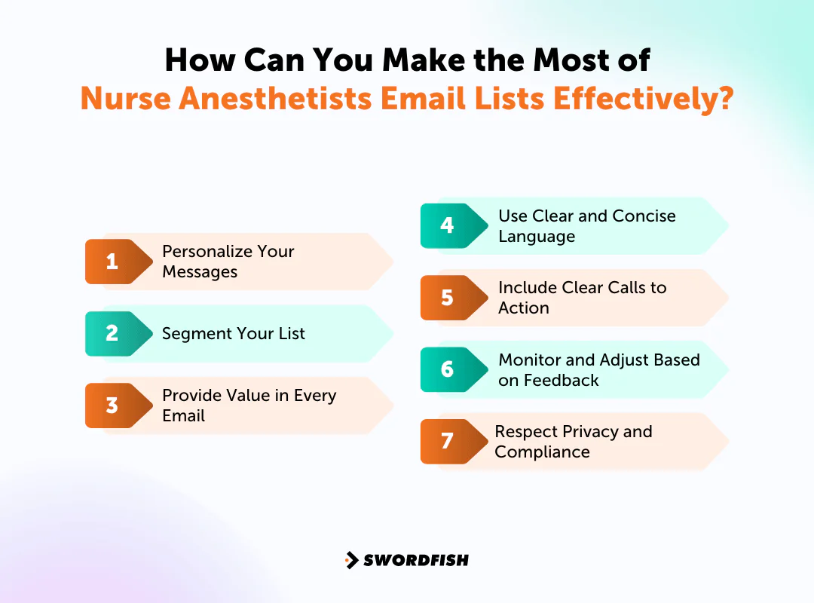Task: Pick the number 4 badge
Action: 448,225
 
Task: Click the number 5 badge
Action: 448,298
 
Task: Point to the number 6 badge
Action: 448,369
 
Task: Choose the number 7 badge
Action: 448,441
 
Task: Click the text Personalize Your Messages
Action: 228,262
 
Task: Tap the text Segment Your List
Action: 234,333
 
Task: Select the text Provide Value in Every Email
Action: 249,406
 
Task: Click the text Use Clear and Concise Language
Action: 586,226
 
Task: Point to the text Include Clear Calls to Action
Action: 582,298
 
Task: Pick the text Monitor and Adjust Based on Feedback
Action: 598,369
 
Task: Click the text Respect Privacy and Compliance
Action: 573,442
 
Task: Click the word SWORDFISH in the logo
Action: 416,560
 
